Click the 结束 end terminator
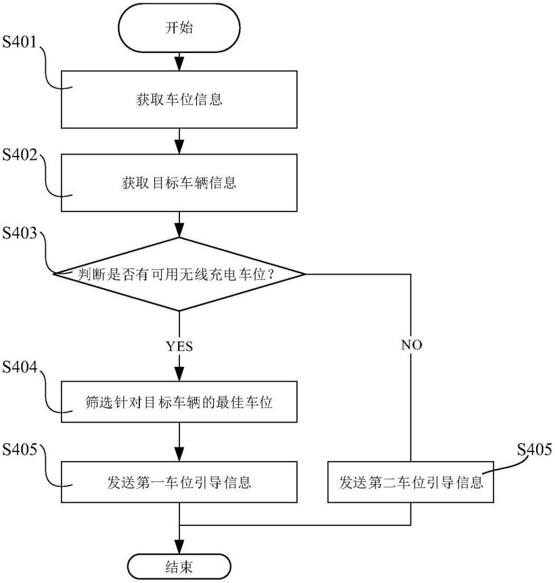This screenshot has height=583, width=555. tap(179, 565)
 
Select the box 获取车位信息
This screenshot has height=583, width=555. tap(179, 100)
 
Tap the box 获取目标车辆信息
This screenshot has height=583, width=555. tap(179, 183)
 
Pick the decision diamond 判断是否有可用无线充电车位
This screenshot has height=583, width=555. tap(179, 274)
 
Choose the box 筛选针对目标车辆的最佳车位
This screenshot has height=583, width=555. tap(179, 403)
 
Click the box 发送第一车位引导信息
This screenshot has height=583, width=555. tap(179, 482)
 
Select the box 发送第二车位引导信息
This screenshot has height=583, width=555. tap(411, 482)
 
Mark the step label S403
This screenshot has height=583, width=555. tap(22, 234)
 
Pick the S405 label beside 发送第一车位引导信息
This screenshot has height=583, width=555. tap(22, 449)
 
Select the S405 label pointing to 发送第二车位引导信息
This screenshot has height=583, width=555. tap(535, 449)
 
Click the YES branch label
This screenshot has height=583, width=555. tap(179, 346)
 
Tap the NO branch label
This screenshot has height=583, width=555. tap(411, 344)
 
